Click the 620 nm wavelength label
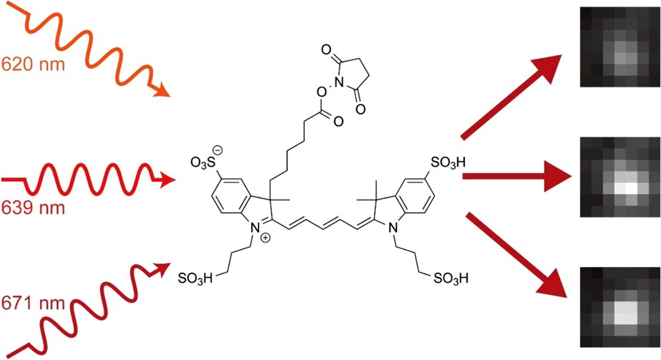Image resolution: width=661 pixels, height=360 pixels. pyautogui.click(x=34, y=64)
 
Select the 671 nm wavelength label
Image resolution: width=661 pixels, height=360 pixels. pyautogui.click(x=34, y=304)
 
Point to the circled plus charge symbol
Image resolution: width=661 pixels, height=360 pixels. pyautogui.click(x=265, y=238)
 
